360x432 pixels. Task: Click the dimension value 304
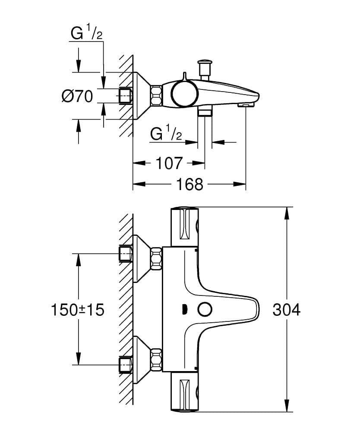286,310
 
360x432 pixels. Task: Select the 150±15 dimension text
78,310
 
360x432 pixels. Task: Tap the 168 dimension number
189,184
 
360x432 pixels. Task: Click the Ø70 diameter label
77,96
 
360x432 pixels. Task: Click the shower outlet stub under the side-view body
205,112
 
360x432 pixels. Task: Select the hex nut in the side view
156,95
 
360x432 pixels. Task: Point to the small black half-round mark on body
184,310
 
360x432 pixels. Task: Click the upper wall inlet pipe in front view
125,254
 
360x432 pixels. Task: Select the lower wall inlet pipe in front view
125,364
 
